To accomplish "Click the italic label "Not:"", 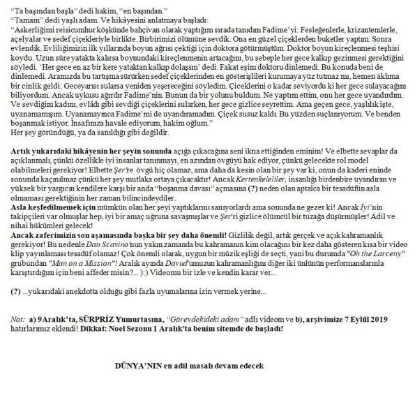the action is pos(18,319).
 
